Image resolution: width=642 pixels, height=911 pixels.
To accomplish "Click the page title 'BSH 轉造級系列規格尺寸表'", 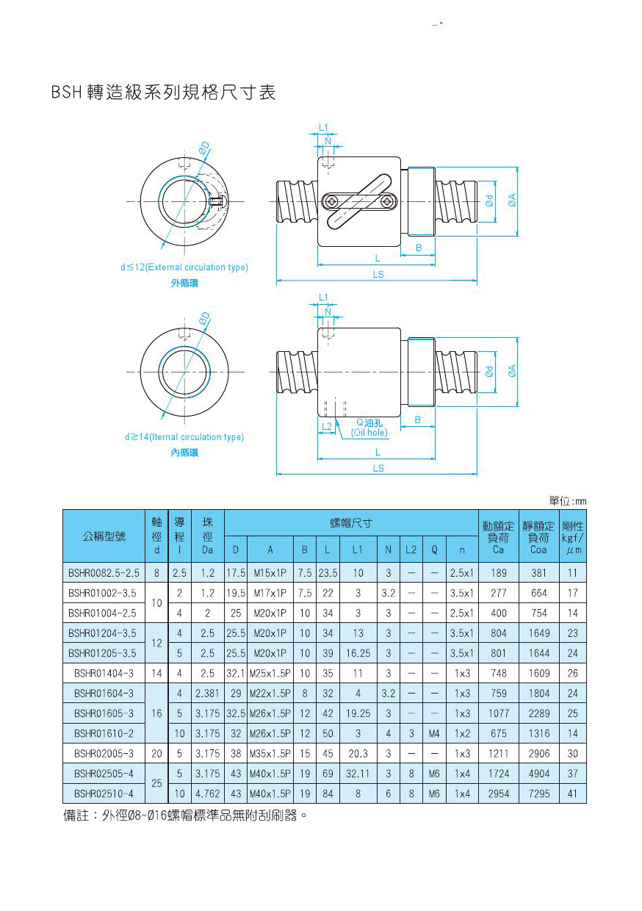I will (164, 93).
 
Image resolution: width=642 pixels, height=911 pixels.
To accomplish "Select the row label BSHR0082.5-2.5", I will (104, 573).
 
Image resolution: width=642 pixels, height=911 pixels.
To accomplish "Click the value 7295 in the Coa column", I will (538, 793).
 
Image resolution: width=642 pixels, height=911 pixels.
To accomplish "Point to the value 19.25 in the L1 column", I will (357, 713).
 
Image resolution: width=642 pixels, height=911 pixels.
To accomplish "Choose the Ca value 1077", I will (499, 713).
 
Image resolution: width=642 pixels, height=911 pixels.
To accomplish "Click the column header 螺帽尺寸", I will (351, 523).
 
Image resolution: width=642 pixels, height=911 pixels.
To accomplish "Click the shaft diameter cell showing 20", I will (156, 754).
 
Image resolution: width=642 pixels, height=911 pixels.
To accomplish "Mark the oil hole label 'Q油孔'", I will (369, 422).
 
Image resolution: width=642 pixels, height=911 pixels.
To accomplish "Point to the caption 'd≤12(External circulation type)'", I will (184, 267).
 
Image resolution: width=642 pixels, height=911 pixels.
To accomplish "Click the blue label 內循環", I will (184, 453).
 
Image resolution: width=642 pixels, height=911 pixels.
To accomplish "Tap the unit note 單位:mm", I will (568, 501).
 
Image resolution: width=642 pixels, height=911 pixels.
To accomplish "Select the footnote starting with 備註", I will (184, 815).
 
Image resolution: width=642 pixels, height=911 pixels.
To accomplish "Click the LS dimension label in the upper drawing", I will (378, 275).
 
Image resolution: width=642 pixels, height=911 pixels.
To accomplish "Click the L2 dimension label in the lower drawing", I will (326, 426).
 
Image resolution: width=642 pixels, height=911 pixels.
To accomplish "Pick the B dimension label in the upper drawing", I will (419, 248).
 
